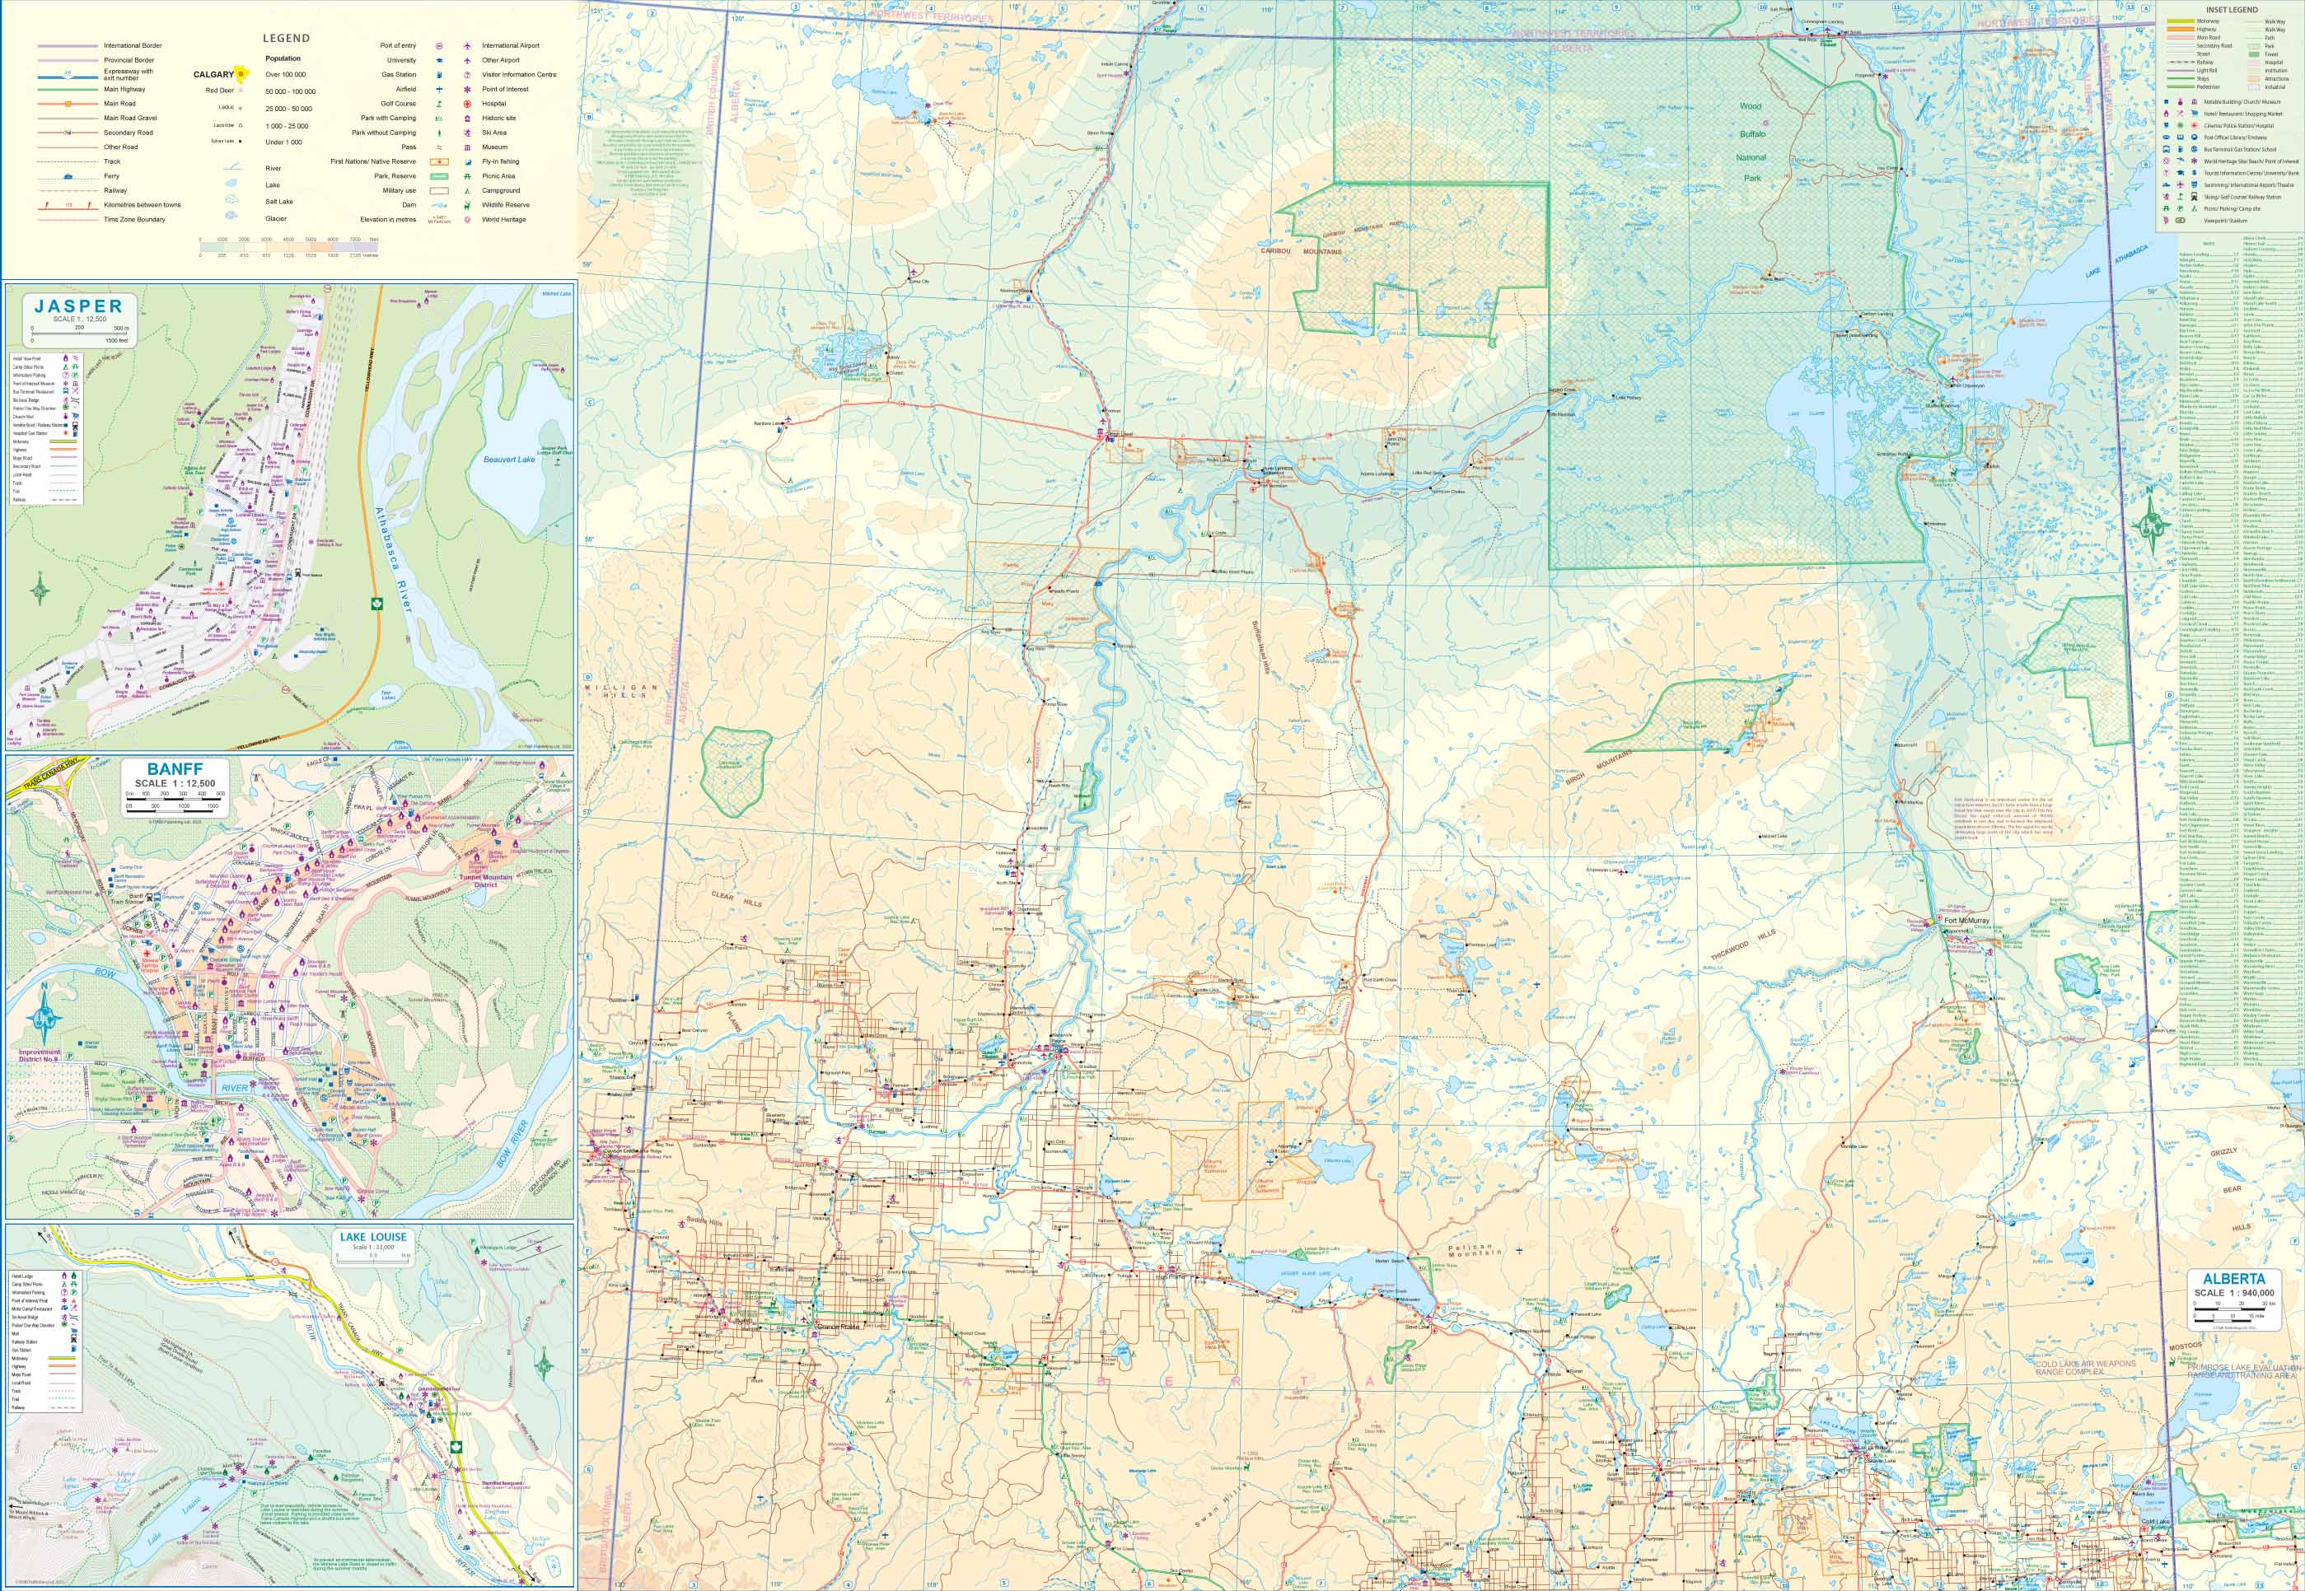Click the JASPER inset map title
(x=77, y=306)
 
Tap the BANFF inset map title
(x=175, y=768)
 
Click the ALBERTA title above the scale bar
(x=2233, y=1278)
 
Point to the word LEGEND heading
(x=286, y=38)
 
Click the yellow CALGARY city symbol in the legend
(x=239, y=74)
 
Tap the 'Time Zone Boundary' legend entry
(x=134, y=219)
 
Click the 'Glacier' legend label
(x=276, y=218)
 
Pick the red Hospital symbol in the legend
(x=466, y=104)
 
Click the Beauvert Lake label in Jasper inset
(x=508, y=460)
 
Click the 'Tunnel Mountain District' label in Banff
(x=484, y=881)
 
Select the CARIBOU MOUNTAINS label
(x=1301, y=251)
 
